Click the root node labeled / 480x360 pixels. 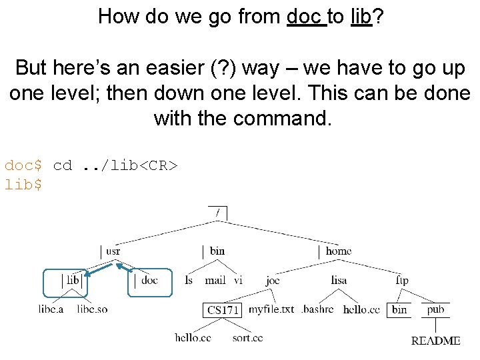pos(217,213)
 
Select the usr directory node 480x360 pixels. pos(113,251)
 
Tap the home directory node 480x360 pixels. pos(338,251)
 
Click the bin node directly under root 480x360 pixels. pos(217,251)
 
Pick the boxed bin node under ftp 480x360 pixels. pos(399,309)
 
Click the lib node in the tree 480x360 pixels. pos(73,280)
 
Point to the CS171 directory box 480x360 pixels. pos(223,310)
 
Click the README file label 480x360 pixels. pos(435,341)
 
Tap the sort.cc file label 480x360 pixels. pos(247,337)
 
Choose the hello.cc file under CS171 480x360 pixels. pos(193,337)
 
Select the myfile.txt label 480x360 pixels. pos(271,309)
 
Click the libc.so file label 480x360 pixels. pos(92,309)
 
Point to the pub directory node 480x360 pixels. pos(435,309)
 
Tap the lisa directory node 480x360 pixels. pos(339,281)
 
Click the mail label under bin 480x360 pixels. pos(215,281)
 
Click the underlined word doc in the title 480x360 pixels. pos(306,16)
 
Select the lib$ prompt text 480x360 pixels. pos(23,185)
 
